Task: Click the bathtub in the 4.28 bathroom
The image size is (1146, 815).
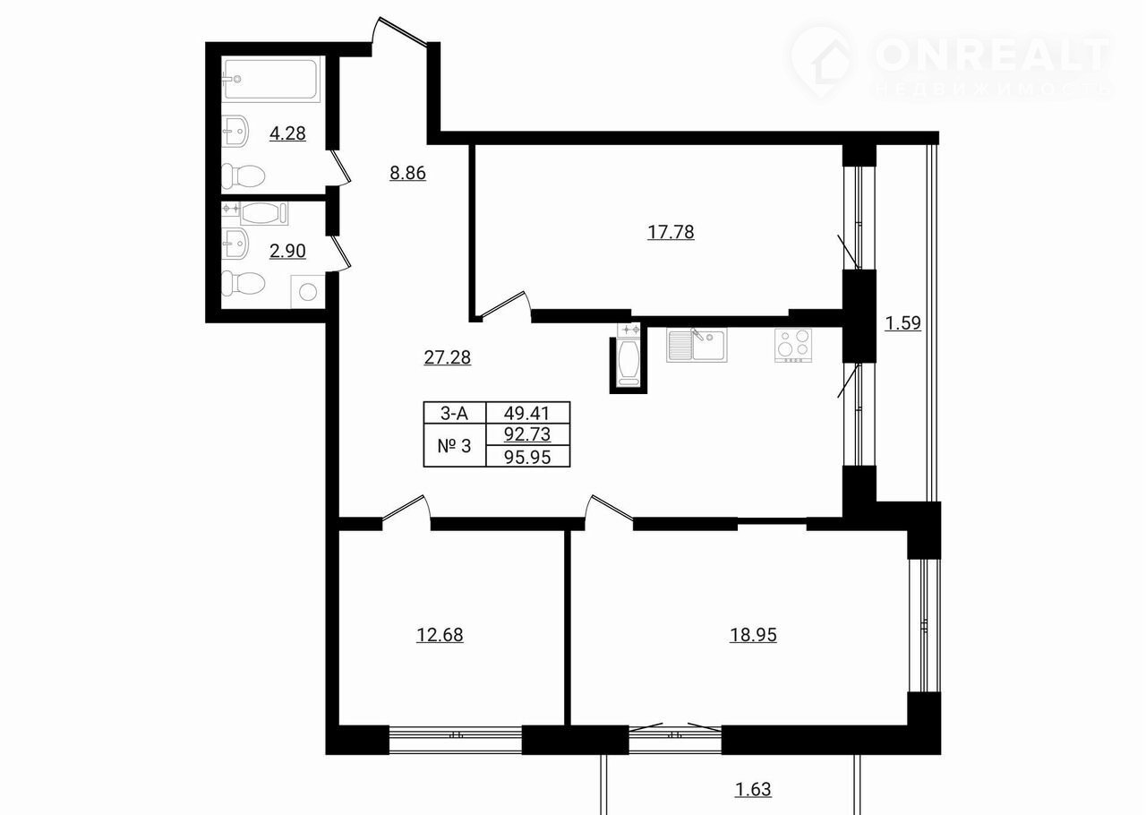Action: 271,80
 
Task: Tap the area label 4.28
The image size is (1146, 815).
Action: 287,133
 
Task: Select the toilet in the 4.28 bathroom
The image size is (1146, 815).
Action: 243,176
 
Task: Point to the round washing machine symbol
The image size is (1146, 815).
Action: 308,292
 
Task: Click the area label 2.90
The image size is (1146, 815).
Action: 287,251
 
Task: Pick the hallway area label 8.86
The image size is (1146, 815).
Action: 407,173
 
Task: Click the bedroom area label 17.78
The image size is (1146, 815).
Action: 671,233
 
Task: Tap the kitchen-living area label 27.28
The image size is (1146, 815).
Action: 447,357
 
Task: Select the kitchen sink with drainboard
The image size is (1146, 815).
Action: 697,345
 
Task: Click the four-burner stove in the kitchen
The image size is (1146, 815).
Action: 793,345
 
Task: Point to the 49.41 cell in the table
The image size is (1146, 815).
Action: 527,413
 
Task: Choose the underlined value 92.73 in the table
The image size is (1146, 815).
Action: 527,434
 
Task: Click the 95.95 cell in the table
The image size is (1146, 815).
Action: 527,457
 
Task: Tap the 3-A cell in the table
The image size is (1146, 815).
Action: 454,413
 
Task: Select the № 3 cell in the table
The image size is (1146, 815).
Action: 454,445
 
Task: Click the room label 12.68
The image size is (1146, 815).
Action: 440,635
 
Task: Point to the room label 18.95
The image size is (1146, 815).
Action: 753,635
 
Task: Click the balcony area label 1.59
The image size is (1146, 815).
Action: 903,323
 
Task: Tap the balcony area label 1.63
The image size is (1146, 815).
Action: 753,789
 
